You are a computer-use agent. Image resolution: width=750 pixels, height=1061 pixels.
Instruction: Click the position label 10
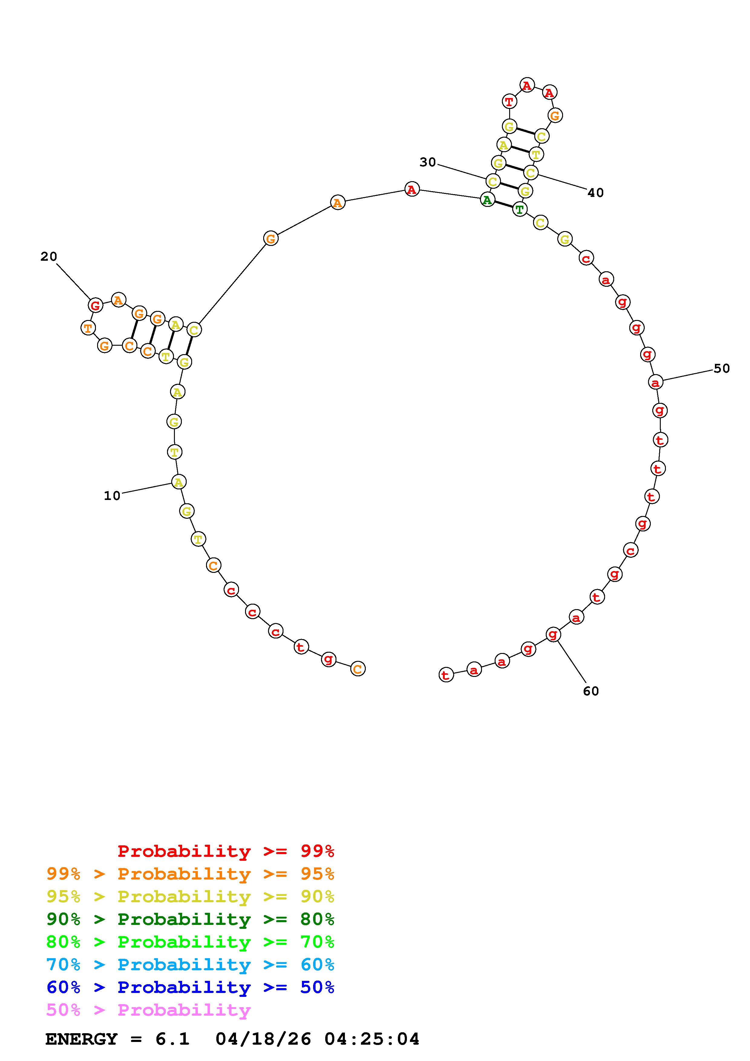coord(112,496)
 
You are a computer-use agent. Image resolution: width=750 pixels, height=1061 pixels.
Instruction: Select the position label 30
coord(427,162)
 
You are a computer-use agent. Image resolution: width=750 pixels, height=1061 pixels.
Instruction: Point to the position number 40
coord(596,193)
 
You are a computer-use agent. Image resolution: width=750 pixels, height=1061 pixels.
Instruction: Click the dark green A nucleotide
coord(487,200)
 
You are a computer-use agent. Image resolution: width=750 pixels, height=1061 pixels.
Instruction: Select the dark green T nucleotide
coord(520,209)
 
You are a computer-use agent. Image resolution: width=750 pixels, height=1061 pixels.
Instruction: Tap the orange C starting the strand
coord(358,669)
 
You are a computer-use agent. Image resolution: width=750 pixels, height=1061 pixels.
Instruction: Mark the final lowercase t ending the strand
coord(445,675)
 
